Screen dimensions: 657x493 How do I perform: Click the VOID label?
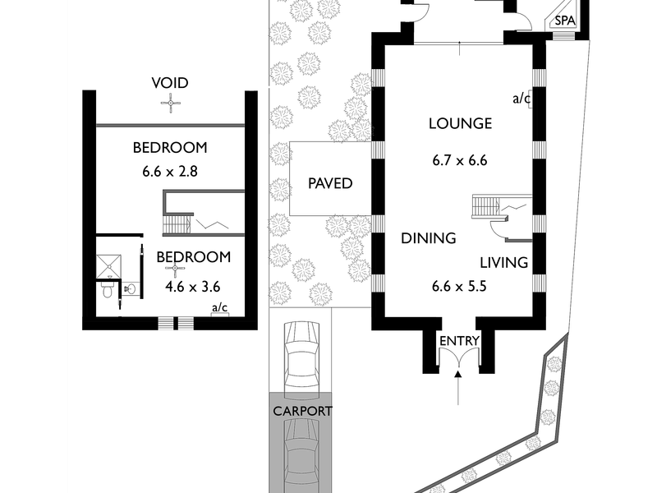point(170,83)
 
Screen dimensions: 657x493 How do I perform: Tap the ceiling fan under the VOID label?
point(171,104)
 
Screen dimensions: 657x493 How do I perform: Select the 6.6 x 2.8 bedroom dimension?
point(170,172)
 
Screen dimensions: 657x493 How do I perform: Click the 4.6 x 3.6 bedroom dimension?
point(193,287)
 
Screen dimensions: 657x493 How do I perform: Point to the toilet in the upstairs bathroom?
point(108,289)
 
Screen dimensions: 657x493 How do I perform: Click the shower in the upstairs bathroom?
point(109,265)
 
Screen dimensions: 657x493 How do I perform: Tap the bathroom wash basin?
point(131,288)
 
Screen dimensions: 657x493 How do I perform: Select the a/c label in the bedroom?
point(219,307)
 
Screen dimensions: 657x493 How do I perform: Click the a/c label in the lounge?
point(521,99)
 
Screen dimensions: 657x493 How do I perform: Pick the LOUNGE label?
point(460,123)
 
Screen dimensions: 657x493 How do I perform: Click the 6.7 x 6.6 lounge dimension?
point(460,160)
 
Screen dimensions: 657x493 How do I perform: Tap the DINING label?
point(428,238)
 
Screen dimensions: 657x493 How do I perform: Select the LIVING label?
point(503,263)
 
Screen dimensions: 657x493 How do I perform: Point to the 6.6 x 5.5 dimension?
point(459,286)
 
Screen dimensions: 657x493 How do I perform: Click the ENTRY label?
point(459,341)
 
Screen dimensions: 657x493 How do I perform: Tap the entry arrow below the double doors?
point(458,388)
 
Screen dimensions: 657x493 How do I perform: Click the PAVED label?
point(330,183)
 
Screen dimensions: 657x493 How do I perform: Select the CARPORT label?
point(302,412)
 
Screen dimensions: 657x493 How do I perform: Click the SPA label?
point(565,21)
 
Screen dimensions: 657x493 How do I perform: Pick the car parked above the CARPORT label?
point(301,360)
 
